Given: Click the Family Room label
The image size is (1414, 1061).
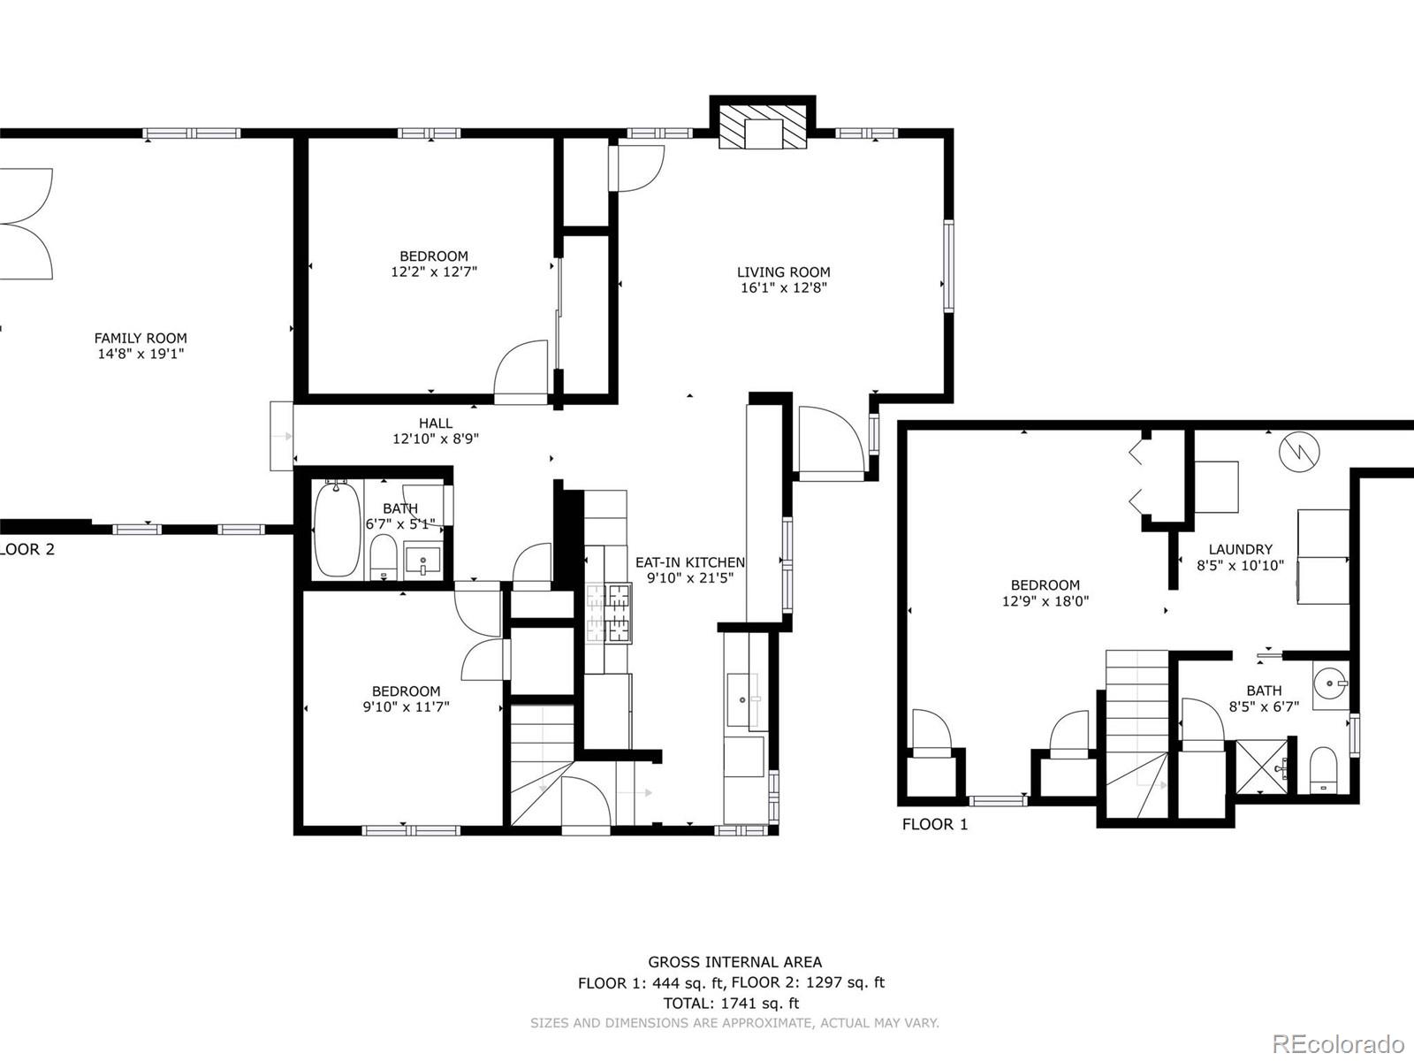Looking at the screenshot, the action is coord(141,339).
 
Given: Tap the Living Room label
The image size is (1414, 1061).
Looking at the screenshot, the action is coord(783,272).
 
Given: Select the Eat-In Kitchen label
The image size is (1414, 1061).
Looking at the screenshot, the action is coord(690,562).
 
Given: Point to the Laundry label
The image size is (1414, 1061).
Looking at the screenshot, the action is coord(1240,549).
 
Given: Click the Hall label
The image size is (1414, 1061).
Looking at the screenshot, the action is coord(436,424).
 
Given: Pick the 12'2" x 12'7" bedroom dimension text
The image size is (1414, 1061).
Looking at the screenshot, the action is coord(434,271).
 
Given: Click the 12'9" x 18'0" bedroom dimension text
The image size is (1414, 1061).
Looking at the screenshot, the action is coord(1045,601).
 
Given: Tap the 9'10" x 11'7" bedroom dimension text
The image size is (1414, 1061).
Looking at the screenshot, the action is coord(406,706).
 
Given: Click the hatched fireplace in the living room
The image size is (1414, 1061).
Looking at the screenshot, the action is coord(763,127).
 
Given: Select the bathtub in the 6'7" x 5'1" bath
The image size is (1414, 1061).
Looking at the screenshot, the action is coord(337,528).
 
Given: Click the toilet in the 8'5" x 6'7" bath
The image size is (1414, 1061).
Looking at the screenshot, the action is coord(1323,769).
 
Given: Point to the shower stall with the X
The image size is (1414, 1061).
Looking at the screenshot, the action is coord(1261,768).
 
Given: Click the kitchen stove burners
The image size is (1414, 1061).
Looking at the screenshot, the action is coord(609,614).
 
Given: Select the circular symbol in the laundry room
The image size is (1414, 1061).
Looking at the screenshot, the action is coord(1299,452).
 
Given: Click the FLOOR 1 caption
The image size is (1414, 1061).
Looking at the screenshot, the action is coord(935,824).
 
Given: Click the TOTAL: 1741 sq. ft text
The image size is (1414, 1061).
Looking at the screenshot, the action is coord(731,1003).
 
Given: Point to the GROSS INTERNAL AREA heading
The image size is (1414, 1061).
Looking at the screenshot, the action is coord(734,962).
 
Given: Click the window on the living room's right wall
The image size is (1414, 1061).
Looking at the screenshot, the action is coord(948,266).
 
